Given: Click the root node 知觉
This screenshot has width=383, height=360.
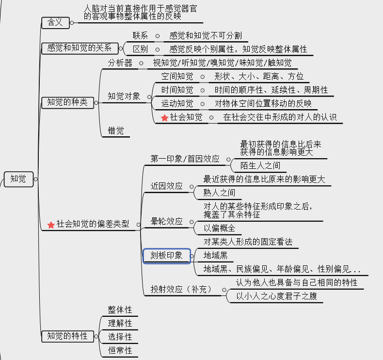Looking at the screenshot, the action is pyautogui.click(x=18, y=179).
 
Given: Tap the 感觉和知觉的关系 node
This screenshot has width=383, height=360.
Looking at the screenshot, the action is pyautogui.click(x=80, y=48).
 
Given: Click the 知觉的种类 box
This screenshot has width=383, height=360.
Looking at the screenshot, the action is pyautogui.click(x=67, y=102).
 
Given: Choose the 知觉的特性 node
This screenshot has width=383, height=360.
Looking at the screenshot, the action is pyautogui.click(x=67, y=336).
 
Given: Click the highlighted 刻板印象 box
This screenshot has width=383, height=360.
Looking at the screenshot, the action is pyautogui.click(x=166, y=256).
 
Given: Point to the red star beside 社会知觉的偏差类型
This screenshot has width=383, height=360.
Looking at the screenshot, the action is pyautogui.click(x=51, y=225).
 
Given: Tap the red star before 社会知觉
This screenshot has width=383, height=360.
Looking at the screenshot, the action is pyautogui.click(x=164, y=117).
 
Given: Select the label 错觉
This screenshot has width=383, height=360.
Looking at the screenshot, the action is pyautogui.click(x=116, y=131).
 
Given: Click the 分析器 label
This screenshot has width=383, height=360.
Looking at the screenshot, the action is pyautogui.click(x=120, y=63).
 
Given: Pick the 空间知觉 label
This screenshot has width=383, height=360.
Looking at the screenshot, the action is pyautogui.click(x=177, y=76).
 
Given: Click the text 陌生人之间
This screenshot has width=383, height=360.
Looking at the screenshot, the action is pyautogui.click(x=260, y=166).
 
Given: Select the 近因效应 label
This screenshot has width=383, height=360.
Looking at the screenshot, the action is pyautogui.click(x=166, y=186).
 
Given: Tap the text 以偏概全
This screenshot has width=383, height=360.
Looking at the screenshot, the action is pyautogui.click(x=219, y=228).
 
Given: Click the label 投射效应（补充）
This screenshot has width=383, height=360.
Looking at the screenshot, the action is pyautogui.click(x=181, y=289).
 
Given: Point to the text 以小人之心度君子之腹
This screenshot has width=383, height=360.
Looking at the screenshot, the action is pyautogui.click(x=276, y=295).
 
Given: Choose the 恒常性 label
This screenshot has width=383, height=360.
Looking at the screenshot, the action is pyautogui.click(x=120, y=350).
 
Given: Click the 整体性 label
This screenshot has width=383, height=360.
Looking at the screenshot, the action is pyautogui.click(x=120, y=310).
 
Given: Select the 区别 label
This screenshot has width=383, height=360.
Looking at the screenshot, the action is pyautogui.click(x=140, y=49).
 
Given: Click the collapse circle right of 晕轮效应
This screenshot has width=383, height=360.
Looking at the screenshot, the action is pyautogui.click(x=192, y=222).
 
